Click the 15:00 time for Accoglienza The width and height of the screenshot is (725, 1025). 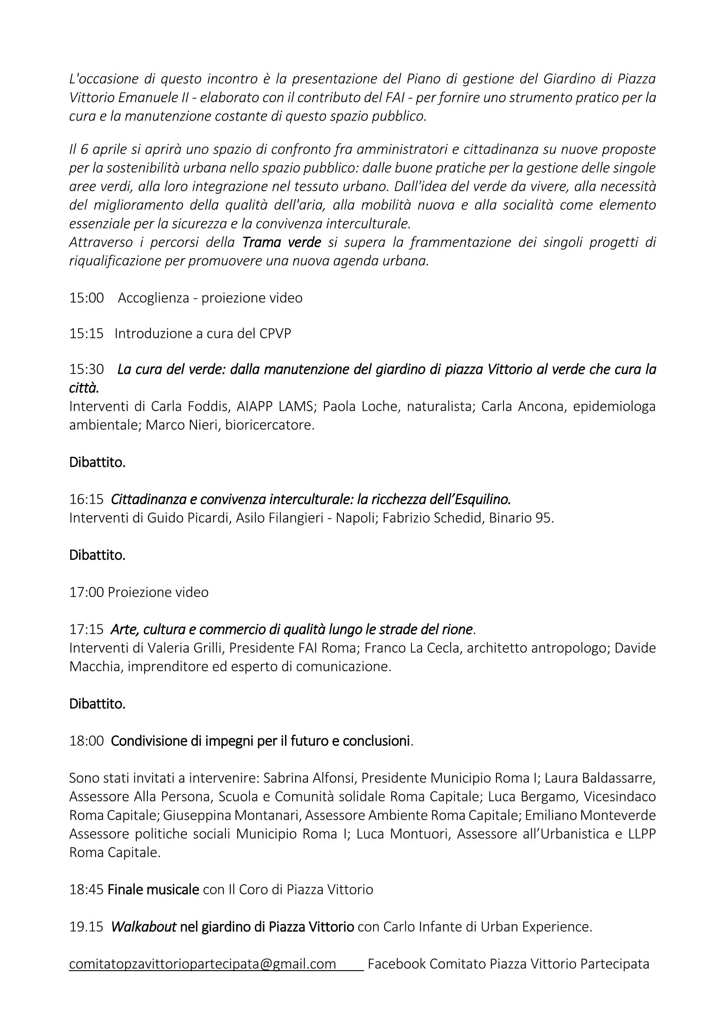[x=86, y=298]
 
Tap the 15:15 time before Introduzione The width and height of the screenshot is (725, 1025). [x=86, y=334]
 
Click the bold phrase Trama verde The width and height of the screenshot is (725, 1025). [x=282, y=242]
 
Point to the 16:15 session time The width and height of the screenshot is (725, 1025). [x=86, y=498]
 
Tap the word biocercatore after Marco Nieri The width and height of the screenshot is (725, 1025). [x=269, y=425]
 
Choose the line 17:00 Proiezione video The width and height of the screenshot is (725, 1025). [x=139, y=592]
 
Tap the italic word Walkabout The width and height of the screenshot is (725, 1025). [x=143, y=927]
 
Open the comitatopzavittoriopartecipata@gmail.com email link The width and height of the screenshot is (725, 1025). [x=202, y=964]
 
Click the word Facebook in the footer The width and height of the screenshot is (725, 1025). [x=396, y=964]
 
